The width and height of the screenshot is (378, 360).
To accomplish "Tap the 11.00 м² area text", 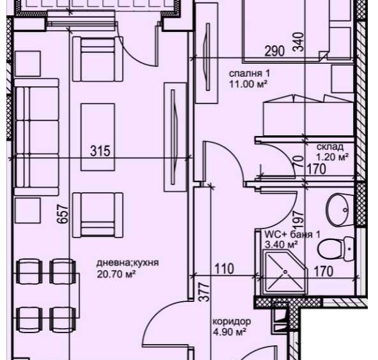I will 248,84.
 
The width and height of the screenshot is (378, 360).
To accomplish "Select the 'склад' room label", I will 324,146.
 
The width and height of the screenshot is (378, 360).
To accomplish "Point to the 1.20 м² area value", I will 331,156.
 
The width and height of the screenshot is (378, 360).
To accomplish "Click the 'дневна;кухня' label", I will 127,264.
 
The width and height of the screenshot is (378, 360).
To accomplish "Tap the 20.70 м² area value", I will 117,274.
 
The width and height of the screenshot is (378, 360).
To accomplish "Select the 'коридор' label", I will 232,322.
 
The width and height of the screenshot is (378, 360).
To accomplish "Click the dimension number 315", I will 100,151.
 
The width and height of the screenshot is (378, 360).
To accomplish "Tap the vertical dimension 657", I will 62,213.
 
